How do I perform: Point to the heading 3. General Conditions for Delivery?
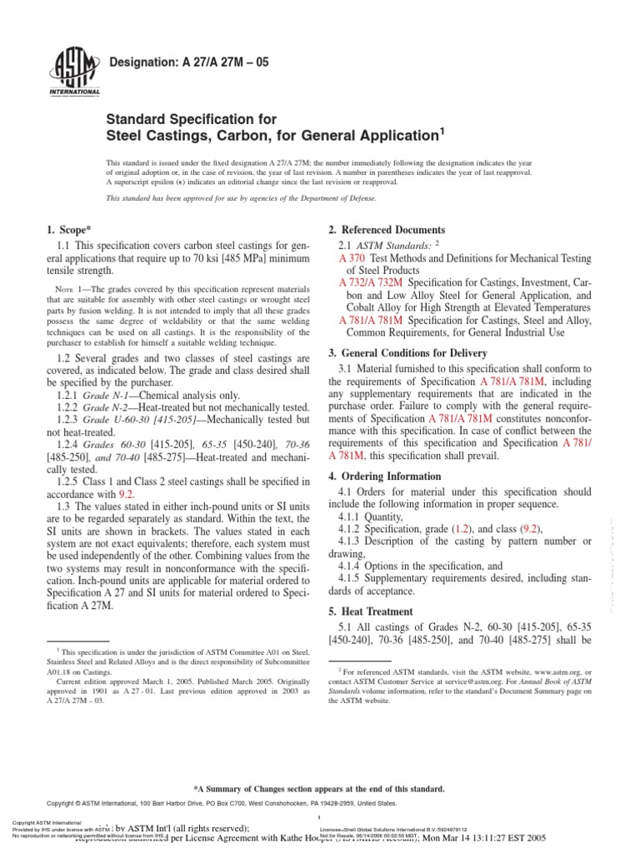(x=412, y=353)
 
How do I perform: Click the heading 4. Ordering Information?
(x=384, y=476)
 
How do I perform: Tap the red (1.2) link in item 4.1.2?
(x=461, y=529)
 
